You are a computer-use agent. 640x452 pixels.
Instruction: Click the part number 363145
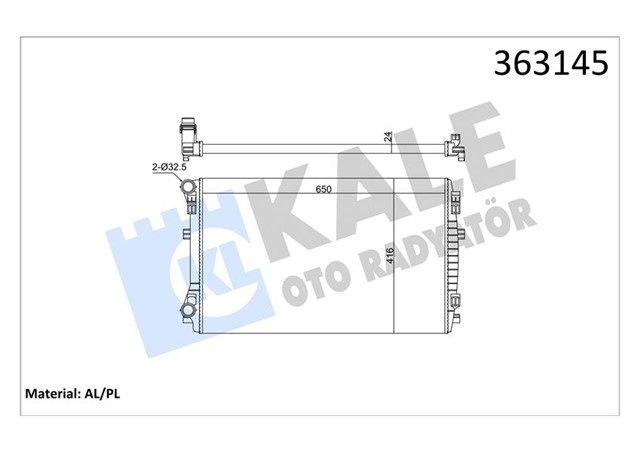pyautogui.click(x=560, y=63)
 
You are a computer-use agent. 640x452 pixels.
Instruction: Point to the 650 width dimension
pyautogui.click(x=324, y=188)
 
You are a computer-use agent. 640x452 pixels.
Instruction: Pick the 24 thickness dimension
pyautogui.click(x=387, y=138)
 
